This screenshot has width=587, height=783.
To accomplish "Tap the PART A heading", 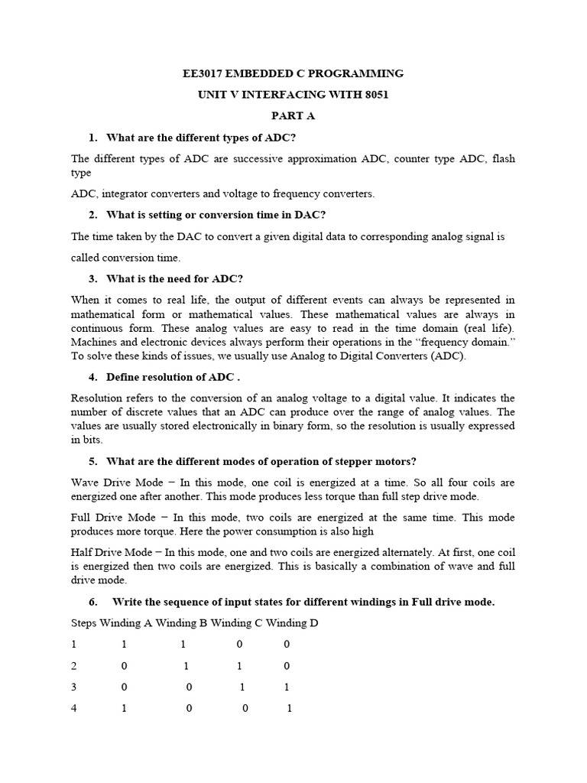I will pos(293,116).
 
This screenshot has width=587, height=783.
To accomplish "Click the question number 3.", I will pos(92,278).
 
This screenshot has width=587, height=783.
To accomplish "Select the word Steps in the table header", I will pos(84,623).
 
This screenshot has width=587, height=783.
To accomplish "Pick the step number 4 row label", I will pos(74,708).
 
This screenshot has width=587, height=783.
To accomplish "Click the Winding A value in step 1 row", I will pos(125,645).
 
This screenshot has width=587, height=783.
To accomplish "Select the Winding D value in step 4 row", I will pos(290,708).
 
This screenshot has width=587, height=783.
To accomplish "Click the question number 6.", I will pos(92,602).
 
